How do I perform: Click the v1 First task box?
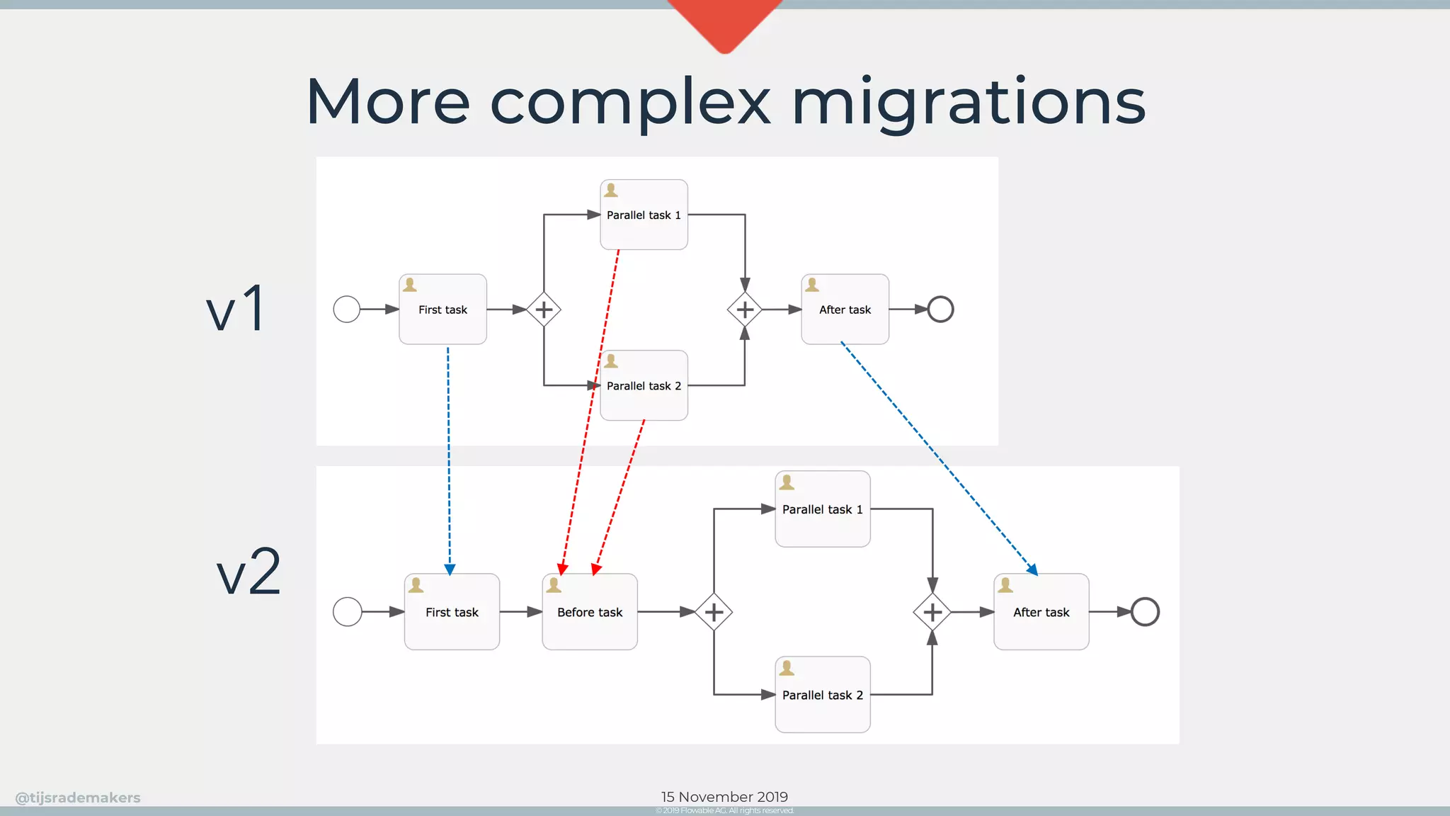443,310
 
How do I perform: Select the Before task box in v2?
589,612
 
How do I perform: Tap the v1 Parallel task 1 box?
644,215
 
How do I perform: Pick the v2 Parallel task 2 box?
822,695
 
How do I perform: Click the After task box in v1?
845,310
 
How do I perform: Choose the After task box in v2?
1041,612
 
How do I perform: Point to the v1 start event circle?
347,310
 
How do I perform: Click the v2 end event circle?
1145,612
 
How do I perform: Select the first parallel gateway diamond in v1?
544,310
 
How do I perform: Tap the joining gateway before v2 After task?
932,612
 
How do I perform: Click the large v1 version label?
236,309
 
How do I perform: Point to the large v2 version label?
249,572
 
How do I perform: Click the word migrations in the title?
968,103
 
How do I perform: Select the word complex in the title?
630,103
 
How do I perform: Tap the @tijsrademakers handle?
78,798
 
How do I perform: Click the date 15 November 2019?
724,797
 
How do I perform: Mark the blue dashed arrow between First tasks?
449,460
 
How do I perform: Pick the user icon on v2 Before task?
554,585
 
